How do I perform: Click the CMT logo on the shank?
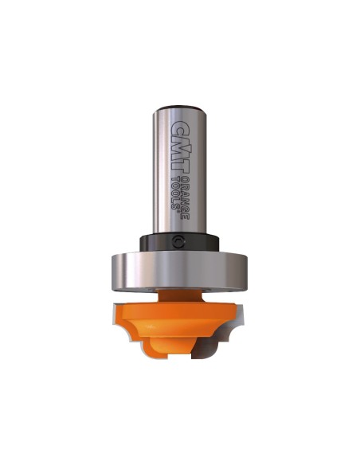tap(182, 146)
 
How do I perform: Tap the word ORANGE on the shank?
tap(186, 197)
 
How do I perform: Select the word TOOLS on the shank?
tap(176, 193)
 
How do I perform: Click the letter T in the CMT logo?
tap(182, 164)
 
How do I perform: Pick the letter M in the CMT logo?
tap(182, 144)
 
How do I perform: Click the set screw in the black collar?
tap(178, 241)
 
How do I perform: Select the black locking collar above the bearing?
tap(179, 242)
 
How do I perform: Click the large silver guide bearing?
tap(179, 271)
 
